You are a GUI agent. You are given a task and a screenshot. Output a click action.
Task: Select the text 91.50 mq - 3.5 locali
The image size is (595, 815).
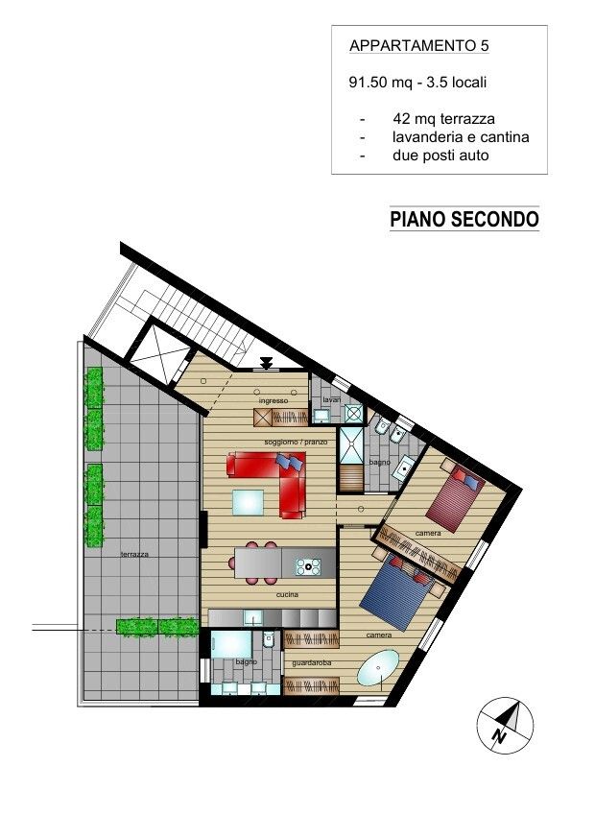click(x=418, y=83)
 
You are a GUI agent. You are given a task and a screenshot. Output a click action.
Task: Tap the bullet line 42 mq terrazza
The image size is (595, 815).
click(x=443, y=119)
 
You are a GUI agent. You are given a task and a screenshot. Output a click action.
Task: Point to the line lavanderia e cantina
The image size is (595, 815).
click(x=461, y=137)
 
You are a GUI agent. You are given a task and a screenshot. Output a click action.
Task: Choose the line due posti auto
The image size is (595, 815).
click(x=440, y=155)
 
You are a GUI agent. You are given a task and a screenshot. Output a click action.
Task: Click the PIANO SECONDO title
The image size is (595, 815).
click(x=464, y=220)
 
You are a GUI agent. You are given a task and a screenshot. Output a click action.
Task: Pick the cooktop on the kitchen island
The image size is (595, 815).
click(x=309, y=566)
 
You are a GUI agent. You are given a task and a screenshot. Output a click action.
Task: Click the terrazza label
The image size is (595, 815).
click(x=135, y=555)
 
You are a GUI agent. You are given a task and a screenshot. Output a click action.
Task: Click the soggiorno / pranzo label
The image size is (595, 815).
click(x=297, y=441)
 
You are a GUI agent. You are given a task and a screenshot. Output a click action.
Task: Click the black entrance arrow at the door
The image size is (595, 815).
click(x=266, y=363)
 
